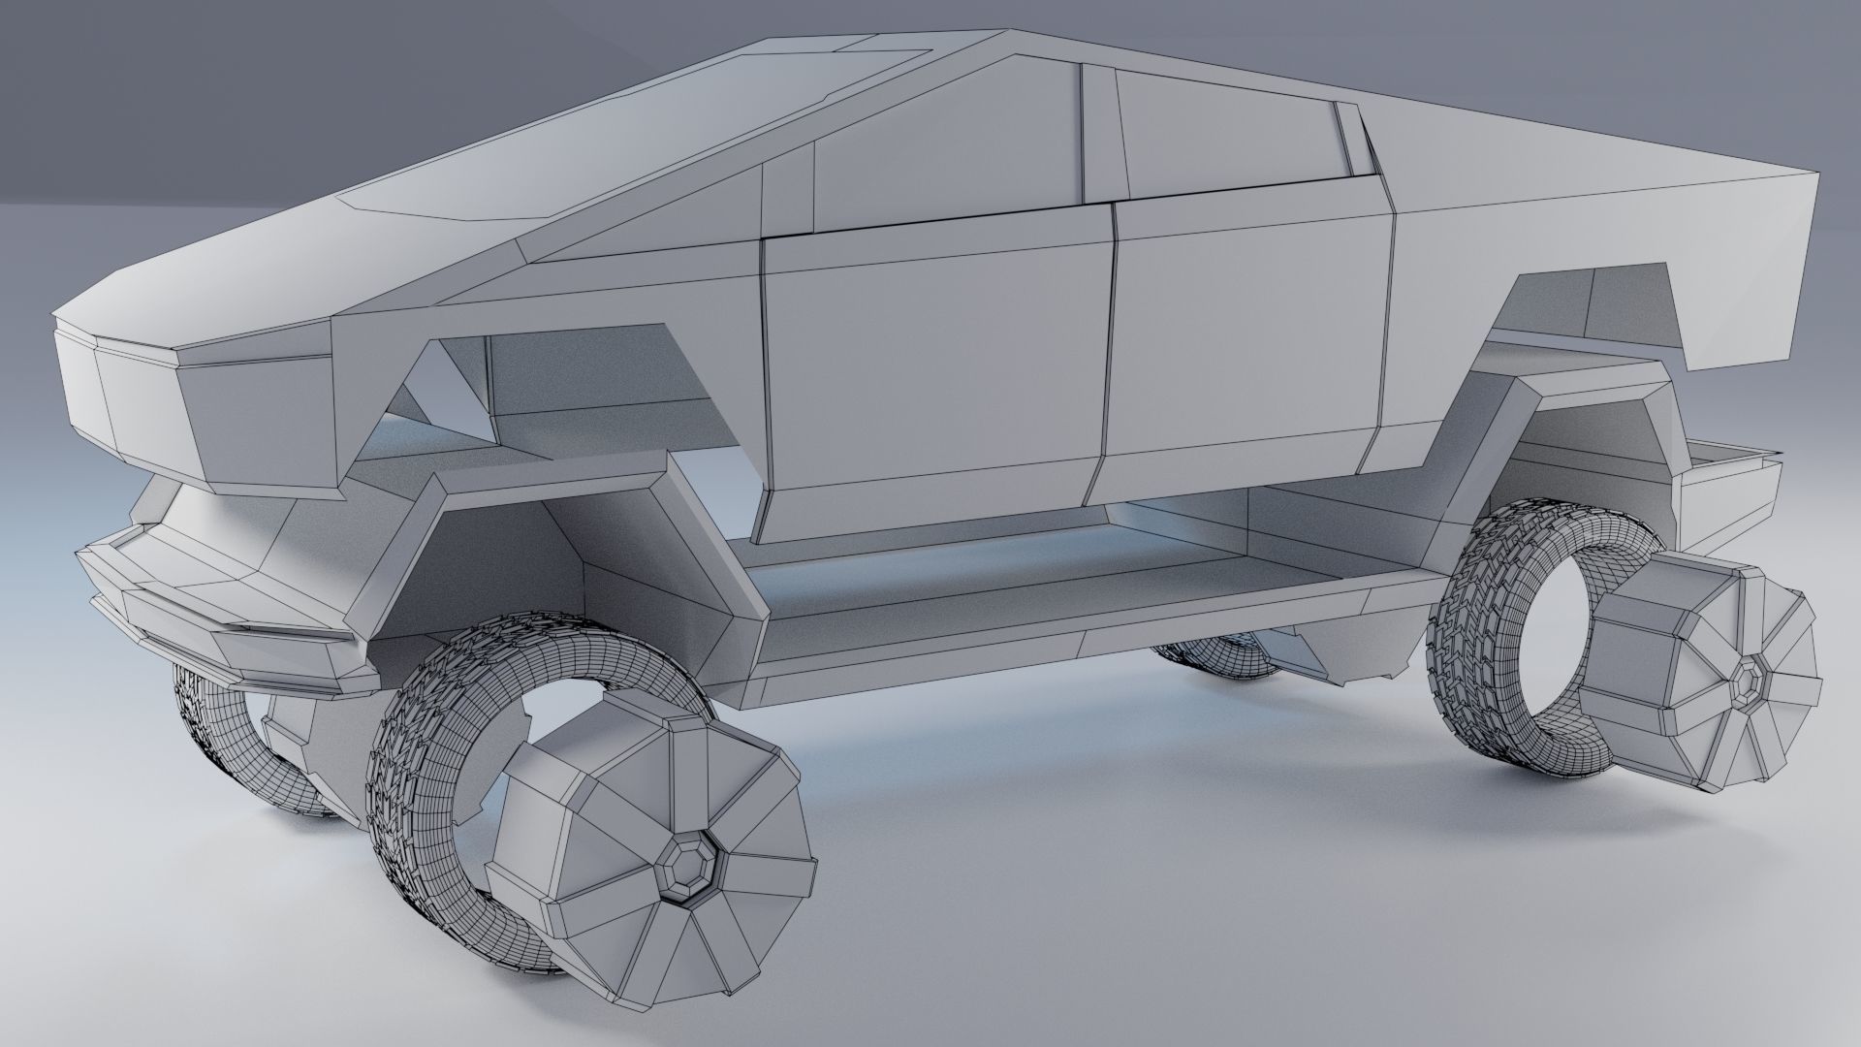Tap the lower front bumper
[x=223, y=620]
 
